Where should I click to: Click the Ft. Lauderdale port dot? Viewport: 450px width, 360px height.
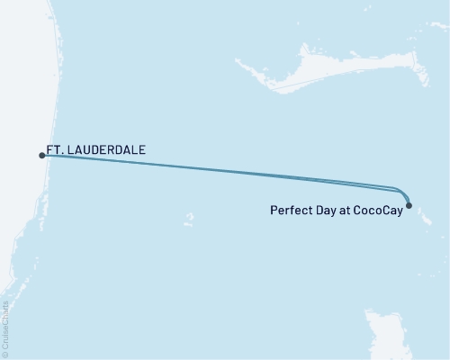[x=42, y=156]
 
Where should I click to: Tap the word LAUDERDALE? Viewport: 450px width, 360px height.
[x=107, y=150]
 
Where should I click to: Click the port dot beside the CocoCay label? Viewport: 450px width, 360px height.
[x=409, y=206]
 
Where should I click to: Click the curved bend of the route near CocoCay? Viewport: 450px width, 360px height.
[x=402, y=192]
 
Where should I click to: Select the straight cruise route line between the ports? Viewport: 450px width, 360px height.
[x=225, y=172]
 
